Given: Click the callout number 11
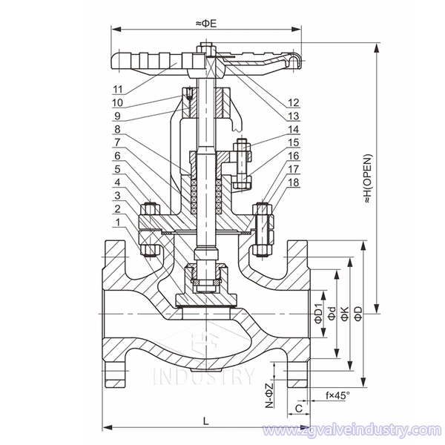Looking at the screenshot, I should point(118,90).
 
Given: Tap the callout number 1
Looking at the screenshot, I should point(118,222).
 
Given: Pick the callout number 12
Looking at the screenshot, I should point(294,102).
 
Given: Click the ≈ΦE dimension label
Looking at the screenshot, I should point(206,24).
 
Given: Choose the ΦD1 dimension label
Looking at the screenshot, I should point(317,314).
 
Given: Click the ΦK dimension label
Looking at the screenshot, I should point(345,314).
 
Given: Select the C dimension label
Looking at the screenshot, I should point(298,408).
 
